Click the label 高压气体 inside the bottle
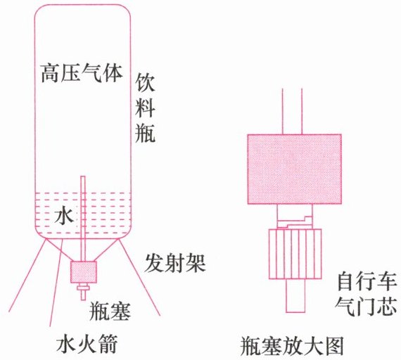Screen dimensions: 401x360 pos(82,73)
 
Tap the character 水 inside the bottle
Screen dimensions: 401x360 pos(64,215)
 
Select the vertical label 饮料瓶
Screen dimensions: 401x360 pos(145,108)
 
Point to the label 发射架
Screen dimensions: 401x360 pos(175,264)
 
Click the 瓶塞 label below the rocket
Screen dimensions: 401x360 pos(110,311)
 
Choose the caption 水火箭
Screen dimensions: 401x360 pos(87,344)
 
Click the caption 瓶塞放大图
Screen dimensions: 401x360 pos(291,347)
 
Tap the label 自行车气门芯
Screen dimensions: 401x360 pos(367,295)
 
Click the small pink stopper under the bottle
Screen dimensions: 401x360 pos(84,272)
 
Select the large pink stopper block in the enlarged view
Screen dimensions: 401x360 pos(294,169)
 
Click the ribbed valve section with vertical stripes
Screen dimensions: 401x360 pos(295,254)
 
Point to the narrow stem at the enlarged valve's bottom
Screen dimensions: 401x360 pos(295,295)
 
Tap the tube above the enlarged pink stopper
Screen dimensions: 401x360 pos(293,111)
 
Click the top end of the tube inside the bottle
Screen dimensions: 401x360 pos(83,176)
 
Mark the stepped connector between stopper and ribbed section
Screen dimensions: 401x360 pos(295,217)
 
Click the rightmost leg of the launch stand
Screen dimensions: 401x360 pos(140,277)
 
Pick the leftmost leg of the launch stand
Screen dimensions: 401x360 pos(27,275)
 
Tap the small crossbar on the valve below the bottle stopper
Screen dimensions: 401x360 pos(84,289)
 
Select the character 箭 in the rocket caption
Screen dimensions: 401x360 pos(108,344)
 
